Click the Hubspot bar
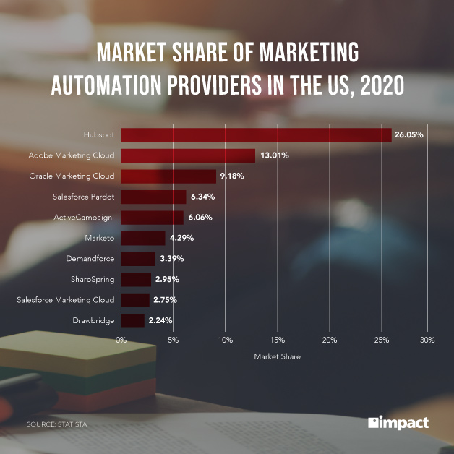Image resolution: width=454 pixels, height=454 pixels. point(256,135)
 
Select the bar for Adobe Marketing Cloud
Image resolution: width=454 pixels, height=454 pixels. point(188,155)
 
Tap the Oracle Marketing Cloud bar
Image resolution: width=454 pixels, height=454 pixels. point(168,176)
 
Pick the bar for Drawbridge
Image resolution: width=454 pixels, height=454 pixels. point(132,320)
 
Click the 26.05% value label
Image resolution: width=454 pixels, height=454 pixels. point(408,135)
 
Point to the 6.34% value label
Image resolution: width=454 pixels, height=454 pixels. point(203,197)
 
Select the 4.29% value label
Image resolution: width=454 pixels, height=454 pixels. point(181,238)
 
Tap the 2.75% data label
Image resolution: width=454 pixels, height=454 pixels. point(166,299)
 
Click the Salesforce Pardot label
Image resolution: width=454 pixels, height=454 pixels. point(83,197)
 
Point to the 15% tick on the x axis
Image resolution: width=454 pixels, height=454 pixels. point(278,340)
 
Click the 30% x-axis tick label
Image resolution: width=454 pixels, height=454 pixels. point(427,340)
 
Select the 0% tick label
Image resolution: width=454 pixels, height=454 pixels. point(121,340)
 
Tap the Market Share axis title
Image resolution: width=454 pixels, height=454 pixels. point(277,356)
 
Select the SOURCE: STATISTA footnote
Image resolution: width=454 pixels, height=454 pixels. point(56,424)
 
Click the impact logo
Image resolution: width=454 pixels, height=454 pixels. point(398,422)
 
